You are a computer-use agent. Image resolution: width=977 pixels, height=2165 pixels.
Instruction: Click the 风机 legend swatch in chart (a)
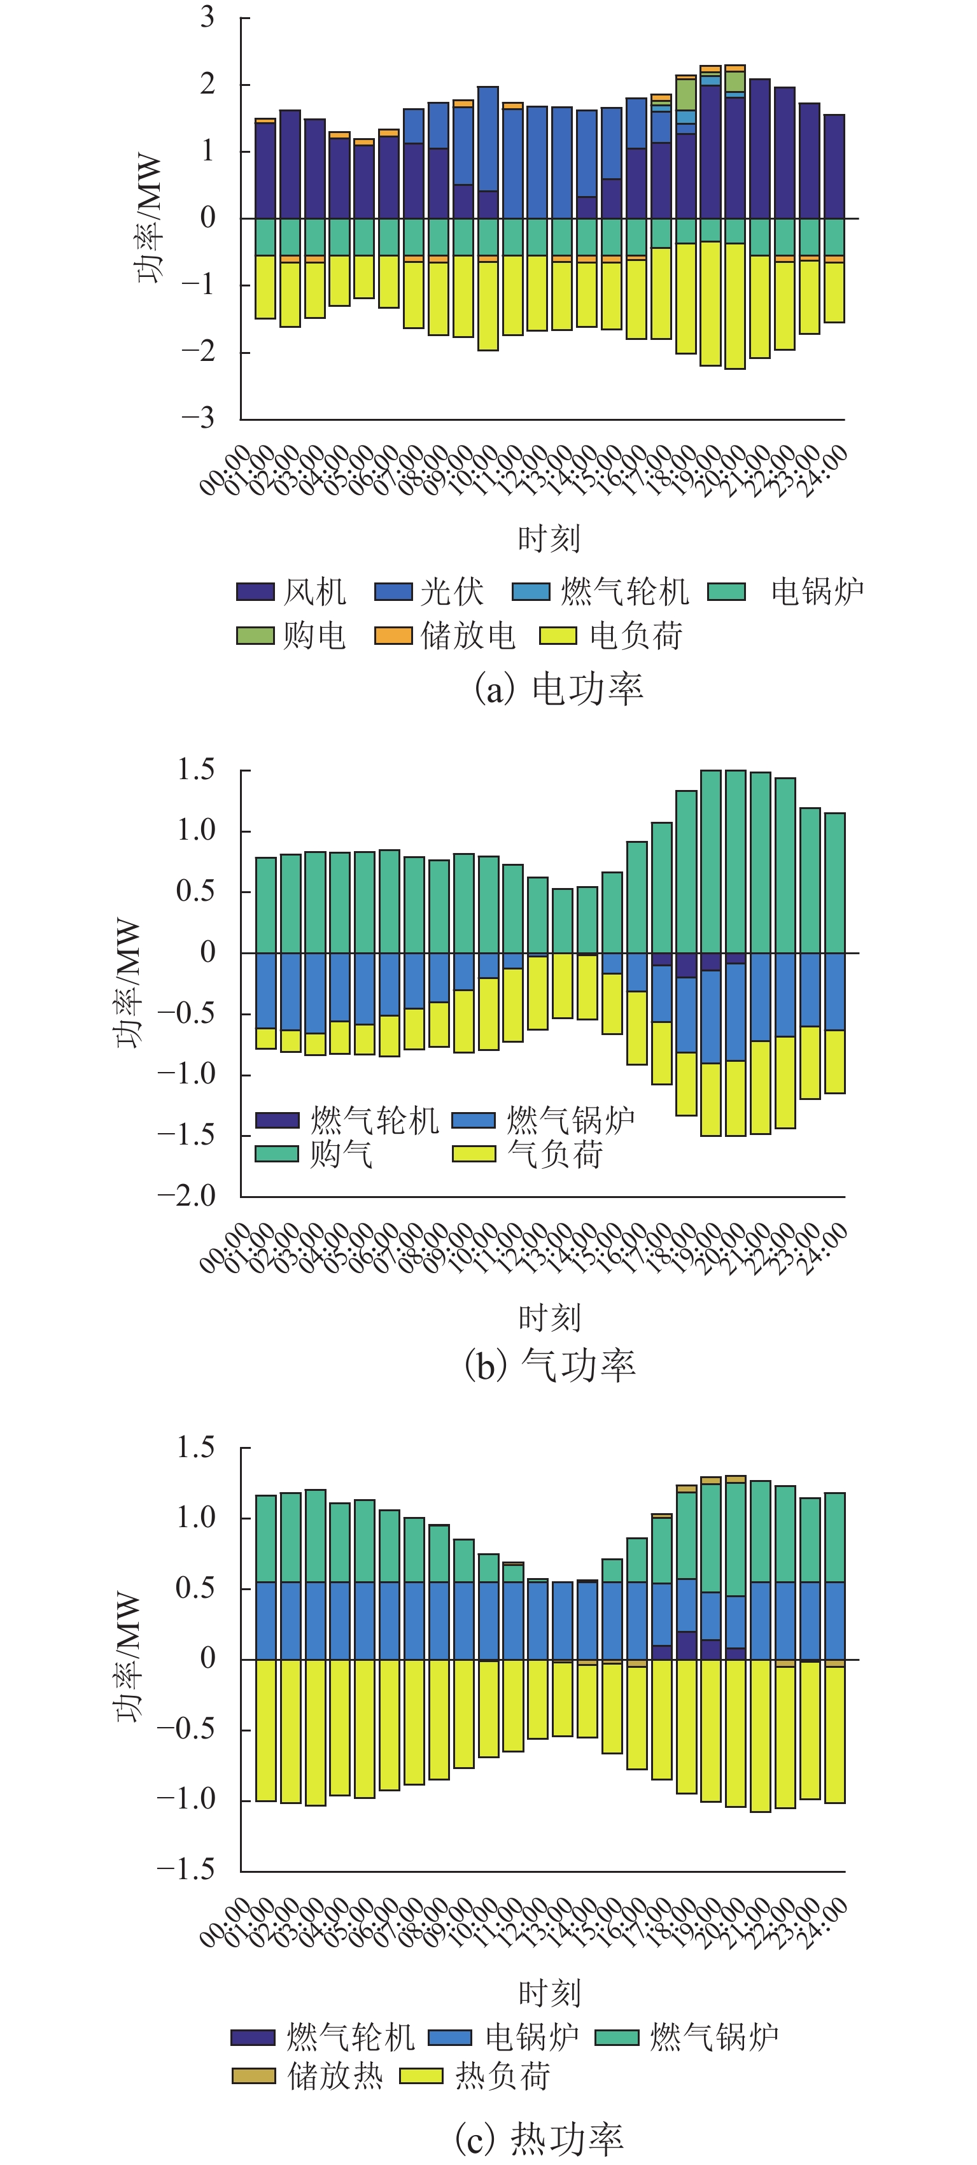255,591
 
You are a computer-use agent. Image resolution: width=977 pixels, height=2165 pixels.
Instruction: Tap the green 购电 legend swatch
255,635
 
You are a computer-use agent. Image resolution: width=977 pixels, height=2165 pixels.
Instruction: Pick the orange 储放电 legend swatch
393,635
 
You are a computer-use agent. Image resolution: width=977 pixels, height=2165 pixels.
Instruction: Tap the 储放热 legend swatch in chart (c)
254,2076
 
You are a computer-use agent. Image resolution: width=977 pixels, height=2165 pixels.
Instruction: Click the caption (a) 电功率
559,688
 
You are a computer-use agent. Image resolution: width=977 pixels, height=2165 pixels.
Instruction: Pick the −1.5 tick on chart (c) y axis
187,1868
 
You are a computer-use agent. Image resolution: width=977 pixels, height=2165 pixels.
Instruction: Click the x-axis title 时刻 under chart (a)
549,539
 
